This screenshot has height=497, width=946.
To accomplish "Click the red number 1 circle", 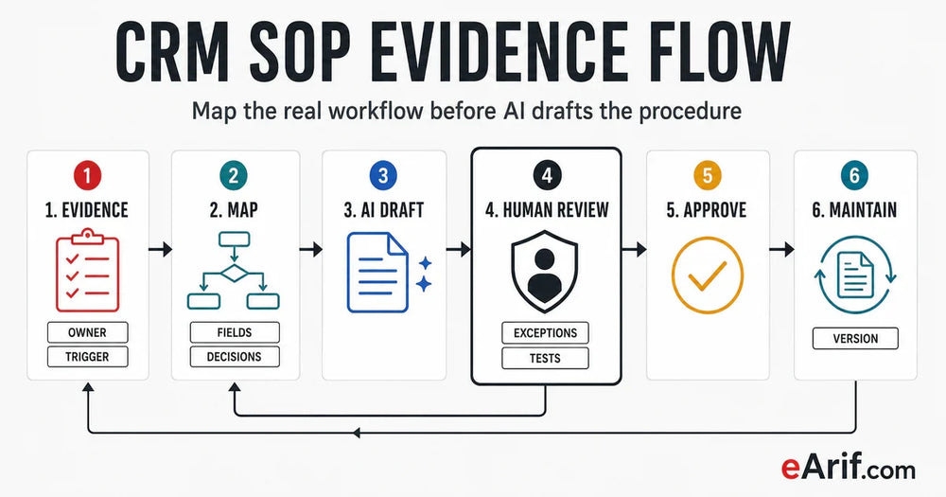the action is pyautogui.click(x=87, y=176).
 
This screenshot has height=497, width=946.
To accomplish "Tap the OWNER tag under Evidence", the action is pyautogui.click(x=87, y=332).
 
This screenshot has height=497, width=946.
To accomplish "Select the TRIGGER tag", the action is pyautogui.click(x=87, y=357).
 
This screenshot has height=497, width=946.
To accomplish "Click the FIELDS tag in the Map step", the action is pyautogui.click(x=235, y=332).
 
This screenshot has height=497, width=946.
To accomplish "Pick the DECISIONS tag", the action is pyautogui.click(x=235, y=357).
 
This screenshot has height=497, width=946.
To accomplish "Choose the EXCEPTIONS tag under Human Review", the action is pyautogui.click(x=546, y=332).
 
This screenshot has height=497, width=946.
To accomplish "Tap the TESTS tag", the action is pyautogui.click(x=546, y=358).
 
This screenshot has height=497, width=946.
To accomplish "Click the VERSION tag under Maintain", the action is pyautogui.click(x=855, y=338).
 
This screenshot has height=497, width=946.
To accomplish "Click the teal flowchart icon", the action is pyautogui.click(x=234, y=271).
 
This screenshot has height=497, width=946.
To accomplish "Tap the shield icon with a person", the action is pyautogui.click(x=545, y=271).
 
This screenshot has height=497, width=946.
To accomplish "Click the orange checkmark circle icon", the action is pyautogui.click(x=708, y=275).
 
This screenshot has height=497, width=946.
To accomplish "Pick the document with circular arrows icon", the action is pyautogui.click(x=855, y=275).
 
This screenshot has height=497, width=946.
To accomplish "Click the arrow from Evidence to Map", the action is pyautogui.click(x=160, y=249).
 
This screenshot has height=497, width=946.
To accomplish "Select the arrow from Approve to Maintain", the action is pyautogui.click(x=782, y=249).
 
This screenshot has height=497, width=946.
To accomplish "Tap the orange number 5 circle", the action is pyautogui.click(x=708, y=176).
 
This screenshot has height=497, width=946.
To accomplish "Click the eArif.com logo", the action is pyautogui.click(x=848, y=468).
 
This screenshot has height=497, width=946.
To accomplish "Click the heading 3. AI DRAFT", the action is pyautogui.click(x=384, y=210).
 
